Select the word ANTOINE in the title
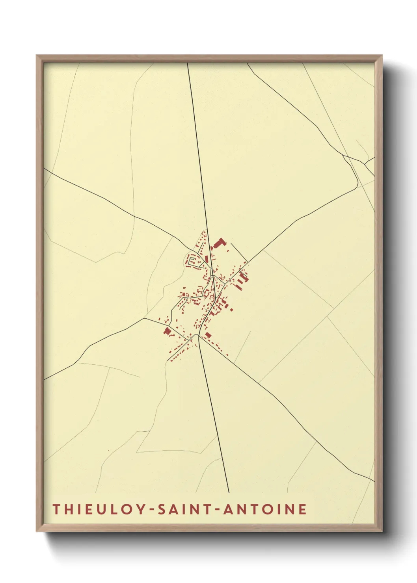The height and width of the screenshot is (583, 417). [x=265, y=509]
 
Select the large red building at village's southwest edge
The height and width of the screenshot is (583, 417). [x=168, y=331]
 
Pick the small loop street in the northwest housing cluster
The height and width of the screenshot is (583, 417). [x=193, y=261]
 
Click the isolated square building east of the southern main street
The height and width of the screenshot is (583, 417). [x=208, y=335]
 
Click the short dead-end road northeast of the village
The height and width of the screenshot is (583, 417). [x=238, y=252]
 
